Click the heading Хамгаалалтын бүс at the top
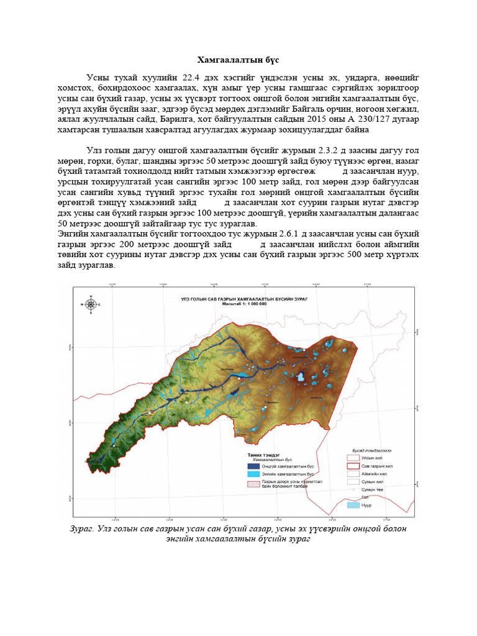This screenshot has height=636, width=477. pyautogui.click(x=238, y=60)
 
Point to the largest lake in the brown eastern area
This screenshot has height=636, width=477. pyautogui.click(x=300, y=376)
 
